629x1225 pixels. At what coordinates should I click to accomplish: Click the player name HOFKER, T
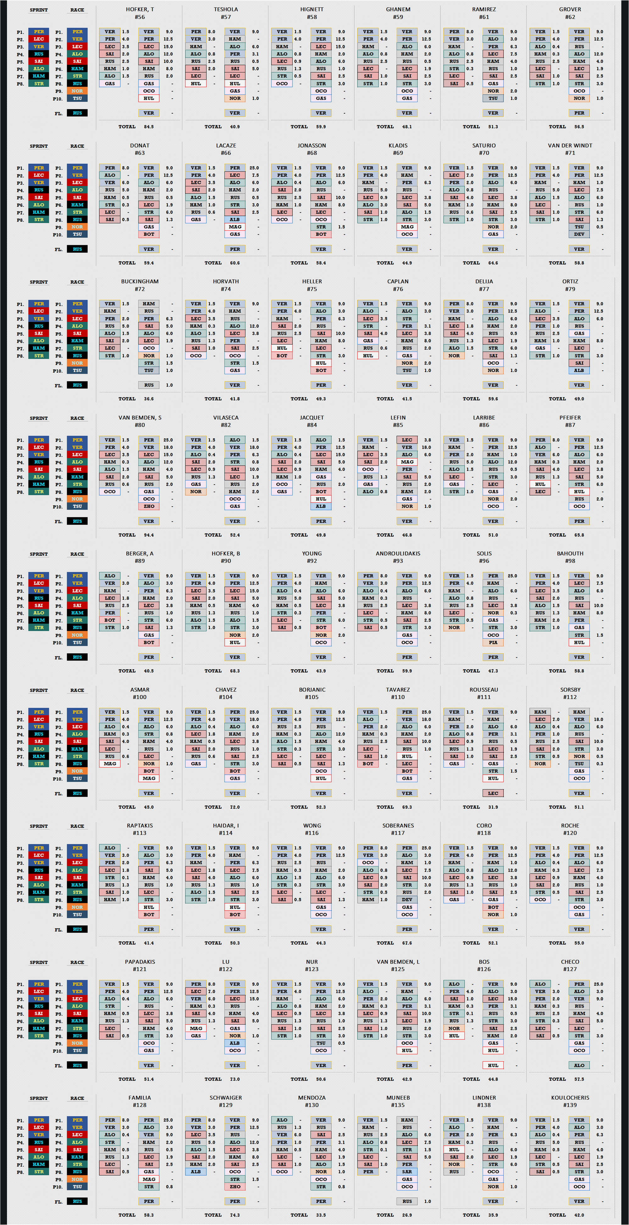(x=140, y=9)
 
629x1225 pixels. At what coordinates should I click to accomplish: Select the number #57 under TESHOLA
(x=226, y=17)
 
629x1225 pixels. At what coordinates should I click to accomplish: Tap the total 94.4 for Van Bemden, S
(x=149, y=535)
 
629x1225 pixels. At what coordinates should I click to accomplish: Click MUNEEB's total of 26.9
(x=407, y=1215)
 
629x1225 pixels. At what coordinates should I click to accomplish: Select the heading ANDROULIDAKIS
(x=398, y=553)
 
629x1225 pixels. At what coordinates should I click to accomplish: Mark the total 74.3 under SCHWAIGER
(x=235, y=1215)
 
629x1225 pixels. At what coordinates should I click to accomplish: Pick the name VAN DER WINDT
(x=570, y=145)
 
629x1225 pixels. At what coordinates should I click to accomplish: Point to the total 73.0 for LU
(x=235, y=1079)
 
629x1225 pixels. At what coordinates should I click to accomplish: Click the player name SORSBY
(x=570, y=689)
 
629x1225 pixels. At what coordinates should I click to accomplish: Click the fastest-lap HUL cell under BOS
(x=493, y=1065)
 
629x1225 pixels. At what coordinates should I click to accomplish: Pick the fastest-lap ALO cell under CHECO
(x=579, y=1065)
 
